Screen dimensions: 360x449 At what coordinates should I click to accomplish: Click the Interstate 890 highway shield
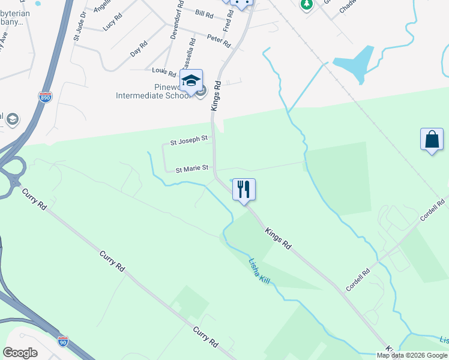46,96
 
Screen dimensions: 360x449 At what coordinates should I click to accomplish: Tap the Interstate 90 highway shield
63,341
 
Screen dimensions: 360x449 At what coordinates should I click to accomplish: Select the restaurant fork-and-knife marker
244,190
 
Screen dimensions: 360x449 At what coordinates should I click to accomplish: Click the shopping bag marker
432,140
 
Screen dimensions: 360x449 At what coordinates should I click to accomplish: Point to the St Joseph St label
189,139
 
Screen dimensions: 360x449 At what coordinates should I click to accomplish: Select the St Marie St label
191,169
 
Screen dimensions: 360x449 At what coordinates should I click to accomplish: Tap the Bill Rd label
204,13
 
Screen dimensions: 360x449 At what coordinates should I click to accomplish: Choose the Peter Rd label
219,40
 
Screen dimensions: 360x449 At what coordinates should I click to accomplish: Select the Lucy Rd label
113,23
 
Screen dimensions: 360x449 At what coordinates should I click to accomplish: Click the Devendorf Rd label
174,24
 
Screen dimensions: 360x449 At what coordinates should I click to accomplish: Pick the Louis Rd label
164,72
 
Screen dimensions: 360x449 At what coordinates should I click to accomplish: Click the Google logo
20,353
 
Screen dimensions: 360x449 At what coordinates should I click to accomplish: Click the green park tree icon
307,4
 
